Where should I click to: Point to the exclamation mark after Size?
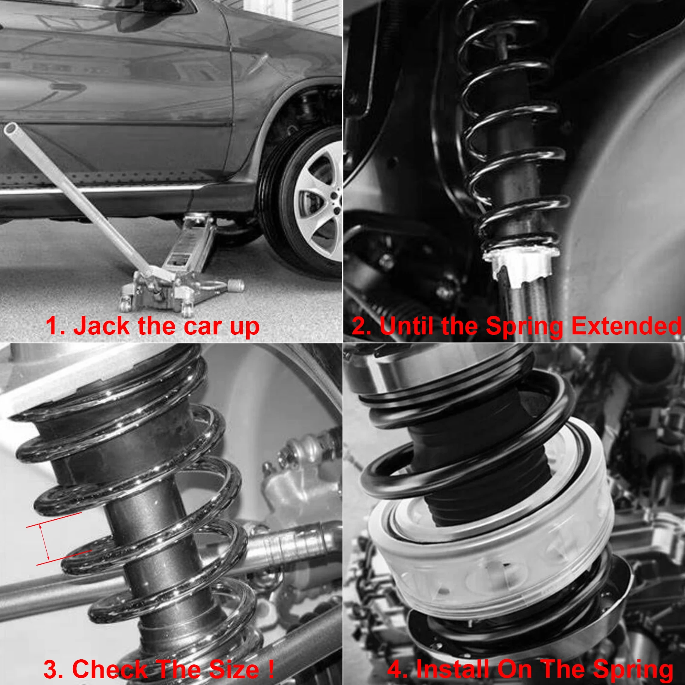(x=271, y=669)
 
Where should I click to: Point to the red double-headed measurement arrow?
(x=45, y=542)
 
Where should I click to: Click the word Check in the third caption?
(x=109, y=670)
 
